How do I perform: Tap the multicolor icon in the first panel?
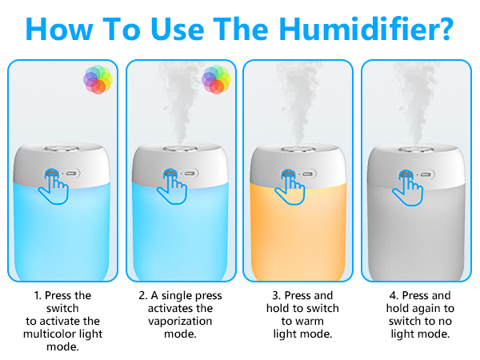[97, 80]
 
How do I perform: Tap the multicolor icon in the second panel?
[216, 80]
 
